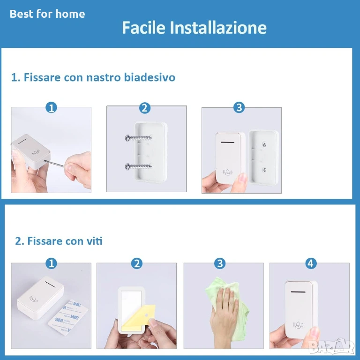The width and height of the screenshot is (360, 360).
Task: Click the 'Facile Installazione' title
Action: pos(194,28)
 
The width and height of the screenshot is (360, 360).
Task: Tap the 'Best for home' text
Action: pos(47,14)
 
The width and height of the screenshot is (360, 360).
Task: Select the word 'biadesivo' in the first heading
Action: pos(150,77)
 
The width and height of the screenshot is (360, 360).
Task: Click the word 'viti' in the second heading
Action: pos(94,241)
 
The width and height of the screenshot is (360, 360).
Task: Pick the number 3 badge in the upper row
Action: pos(239,107)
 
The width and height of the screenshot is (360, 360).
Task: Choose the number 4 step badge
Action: pos(311,263)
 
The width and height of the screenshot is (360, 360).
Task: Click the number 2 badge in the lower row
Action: pos(137,263)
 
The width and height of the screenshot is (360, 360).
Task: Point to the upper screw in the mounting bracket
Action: pos(138,138)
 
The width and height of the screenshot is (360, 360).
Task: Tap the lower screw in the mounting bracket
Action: pos(138,166)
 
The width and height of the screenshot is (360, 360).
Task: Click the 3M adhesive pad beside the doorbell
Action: pos(68,317)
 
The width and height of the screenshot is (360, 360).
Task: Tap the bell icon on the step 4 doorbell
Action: pos(298,325)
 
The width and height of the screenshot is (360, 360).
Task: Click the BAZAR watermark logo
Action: pos(331,346)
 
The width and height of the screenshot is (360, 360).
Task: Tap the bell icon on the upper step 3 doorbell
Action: pos(227,172)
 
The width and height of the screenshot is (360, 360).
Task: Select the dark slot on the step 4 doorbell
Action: pos(298,292)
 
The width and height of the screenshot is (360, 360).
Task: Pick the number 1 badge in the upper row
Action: pos(51,107)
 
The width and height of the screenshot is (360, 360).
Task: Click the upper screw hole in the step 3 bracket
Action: pos(264,145)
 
